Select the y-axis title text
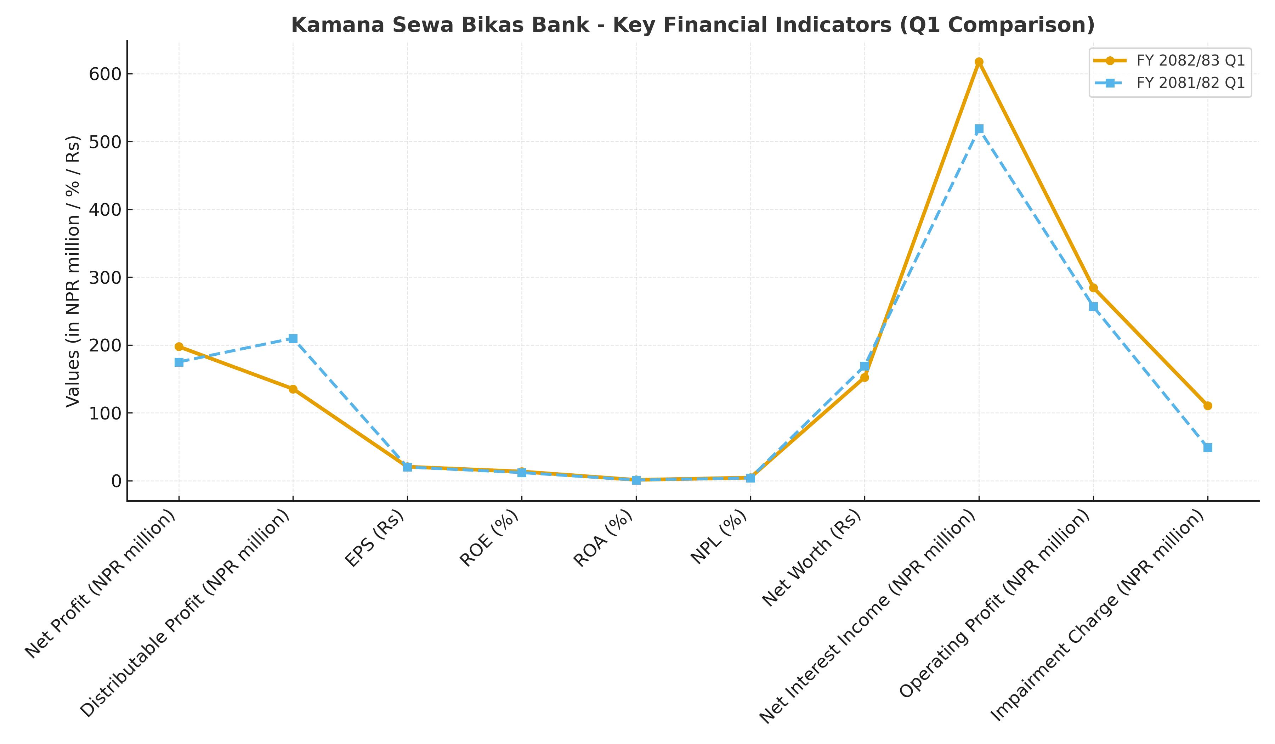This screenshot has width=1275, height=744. click(73, 271)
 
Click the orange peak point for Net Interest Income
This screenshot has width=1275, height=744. click(979, 62)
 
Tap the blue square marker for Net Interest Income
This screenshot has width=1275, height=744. click(979, 129)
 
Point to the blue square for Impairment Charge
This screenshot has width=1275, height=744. click(1208, 448)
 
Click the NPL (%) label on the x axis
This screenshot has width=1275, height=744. click(719, 537)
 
